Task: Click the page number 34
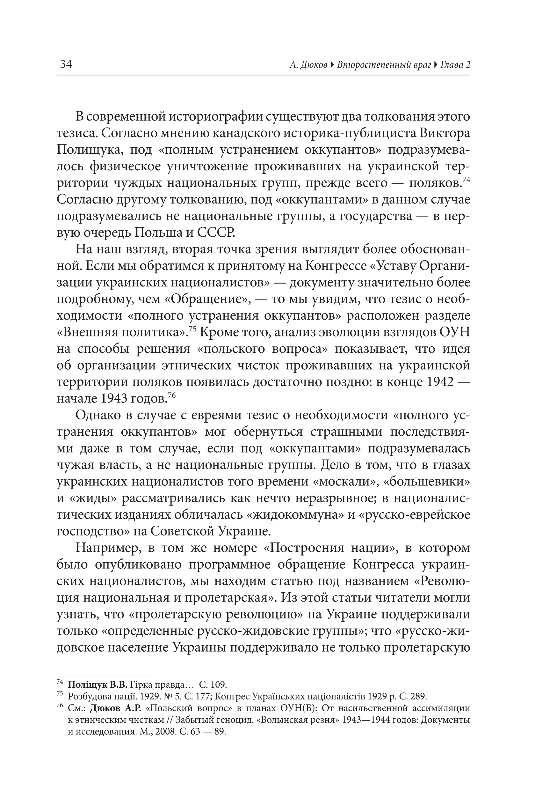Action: point(66,64)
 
